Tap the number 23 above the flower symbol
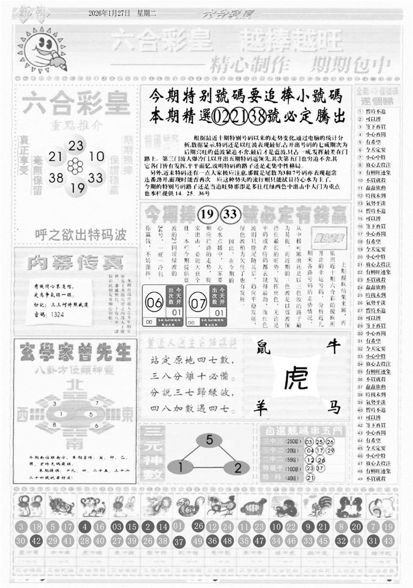[x=76, y=146]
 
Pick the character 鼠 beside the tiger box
[x=263, y=348]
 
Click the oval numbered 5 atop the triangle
[x=209, y=440]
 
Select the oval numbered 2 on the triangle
[x=237, y=468]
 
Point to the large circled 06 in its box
[x=154, y=303]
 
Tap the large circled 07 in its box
[x=198, y=303]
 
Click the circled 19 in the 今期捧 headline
[x=207, y=214]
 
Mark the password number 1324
[x=57, y=314]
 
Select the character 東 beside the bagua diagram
[x=127, y=415]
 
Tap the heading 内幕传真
[x=75, y=263]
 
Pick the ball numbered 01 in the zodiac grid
[x=178, y=526]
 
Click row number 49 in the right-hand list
[x=360, y=479]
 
